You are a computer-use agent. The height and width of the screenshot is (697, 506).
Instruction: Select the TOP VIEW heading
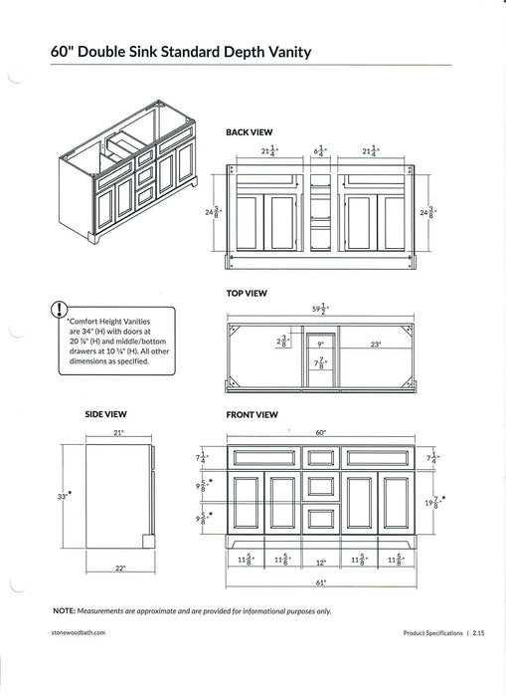248,294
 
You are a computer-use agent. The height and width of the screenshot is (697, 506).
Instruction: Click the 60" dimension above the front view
320,433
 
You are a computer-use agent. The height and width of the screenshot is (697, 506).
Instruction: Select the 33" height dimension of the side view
65,494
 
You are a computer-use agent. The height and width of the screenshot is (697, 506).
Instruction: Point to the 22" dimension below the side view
119,568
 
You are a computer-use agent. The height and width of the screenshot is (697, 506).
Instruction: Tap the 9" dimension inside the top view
320,344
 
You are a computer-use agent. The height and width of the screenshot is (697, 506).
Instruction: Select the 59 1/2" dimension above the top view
320,310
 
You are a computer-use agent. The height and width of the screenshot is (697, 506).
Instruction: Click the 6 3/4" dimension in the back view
320,151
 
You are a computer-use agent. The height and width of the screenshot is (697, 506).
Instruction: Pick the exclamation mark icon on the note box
62,310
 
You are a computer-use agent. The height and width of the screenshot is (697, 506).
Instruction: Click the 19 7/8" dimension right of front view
431,504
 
